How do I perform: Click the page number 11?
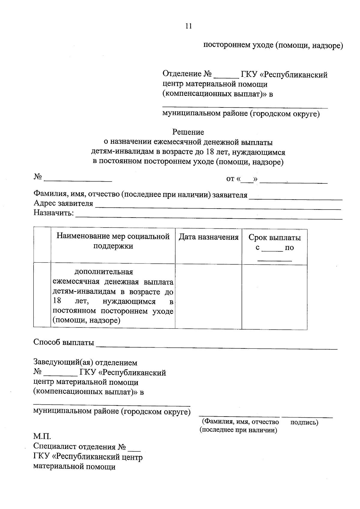coord(188,26)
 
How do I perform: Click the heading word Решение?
coord(188,132)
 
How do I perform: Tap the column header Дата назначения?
coord(208,237)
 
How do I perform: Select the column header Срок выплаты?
coord(274,238)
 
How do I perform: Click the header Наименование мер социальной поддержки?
coord(113,241)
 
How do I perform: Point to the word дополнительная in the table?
coord(103,272)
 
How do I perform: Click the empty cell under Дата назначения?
coord(208,297)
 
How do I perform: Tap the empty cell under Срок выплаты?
coord(274,297)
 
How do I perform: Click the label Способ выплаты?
coord(64,342)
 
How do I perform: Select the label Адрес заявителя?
coord(63,204)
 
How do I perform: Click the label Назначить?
coord(54,213)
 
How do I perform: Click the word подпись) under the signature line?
coord(304,422)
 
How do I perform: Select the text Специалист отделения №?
coord(79,447)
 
